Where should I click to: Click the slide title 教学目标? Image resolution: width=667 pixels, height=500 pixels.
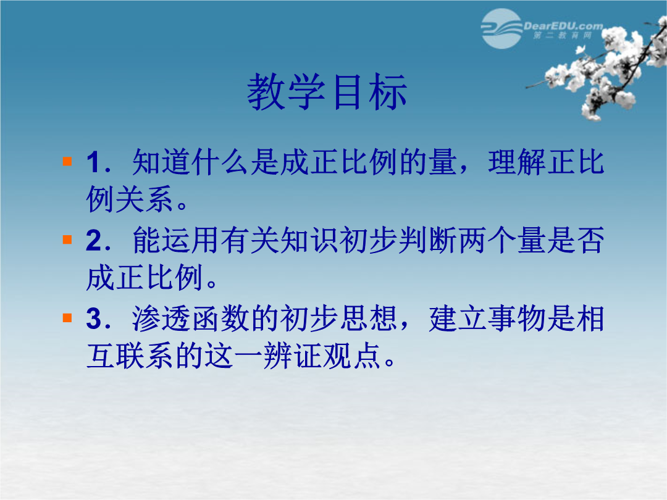(x=327, y=92)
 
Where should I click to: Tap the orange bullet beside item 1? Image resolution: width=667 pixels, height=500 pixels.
(x=67, y=161)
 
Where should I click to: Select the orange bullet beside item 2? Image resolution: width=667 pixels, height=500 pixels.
(x=67, y=240)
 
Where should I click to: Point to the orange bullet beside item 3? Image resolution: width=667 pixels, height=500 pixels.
(x=67, y=318)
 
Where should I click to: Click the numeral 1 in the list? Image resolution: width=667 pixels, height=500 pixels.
(x=93, y=162)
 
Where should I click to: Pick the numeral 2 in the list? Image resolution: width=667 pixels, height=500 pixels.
(x=94, y=241)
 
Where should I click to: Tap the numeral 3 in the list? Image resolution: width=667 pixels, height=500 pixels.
(x=94, y=319)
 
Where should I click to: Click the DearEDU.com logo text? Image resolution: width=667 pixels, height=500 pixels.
(x=563, y=27)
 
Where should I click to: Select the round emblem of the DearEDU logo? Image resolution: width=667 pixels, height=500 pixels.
(x=501, y=28)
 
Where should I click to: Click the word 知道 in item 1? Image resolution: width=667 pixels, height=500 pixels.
(x=161, y=162)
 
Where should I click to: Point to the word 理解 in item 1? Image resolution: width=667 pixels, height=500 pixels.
(x=517, y=162)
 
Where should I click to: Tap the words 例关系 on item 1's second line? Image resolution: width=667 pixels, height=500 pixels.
(x=130, y=199)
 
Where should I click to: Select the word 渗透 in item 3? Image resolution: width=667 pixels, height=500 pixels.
(x=161, y=319)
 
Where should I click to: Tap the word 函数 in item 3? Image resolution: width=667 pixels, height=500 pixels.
(x=220, y=319)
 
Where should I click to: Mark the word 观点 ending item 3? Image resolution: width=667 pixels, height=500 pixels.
(x=351, y=355)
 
